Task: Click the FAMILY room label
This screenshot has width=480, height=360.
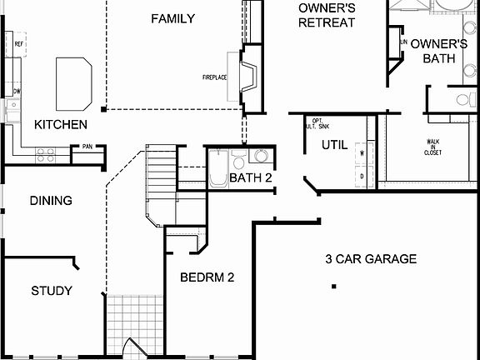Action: coord(173,18)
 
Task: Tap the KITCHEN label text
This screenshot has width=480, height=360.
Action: coord(61,124)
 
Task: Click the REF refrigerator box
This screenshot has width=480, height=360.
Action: coord(17,44)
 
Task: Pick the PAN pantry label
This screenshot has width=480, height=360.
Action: coord(87,148)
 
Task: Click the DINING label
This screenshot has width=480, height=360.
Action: coord(51,201)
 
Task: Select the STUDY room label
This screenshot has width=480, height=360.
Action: coord(52,291)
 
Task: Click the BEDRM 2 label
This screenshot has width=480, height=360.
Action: coord(207,277)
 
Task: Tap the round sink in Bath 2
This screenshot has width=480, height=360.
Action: coord(260,156)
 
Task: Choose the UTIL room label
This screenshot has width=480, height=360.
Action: coord(334,145)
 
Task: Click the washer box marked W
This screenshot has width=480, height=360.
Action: coord(362,153)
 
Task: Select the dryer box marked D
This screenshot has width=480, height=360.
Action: coord(362,176)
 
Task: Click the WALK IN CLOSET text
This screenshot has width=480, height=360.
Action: coord(433,147)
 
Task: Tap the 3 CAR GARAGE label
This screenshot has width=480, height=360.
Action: coord(371,259)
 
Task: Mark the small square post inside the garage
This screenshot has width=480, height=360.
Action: coord(333,287)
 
